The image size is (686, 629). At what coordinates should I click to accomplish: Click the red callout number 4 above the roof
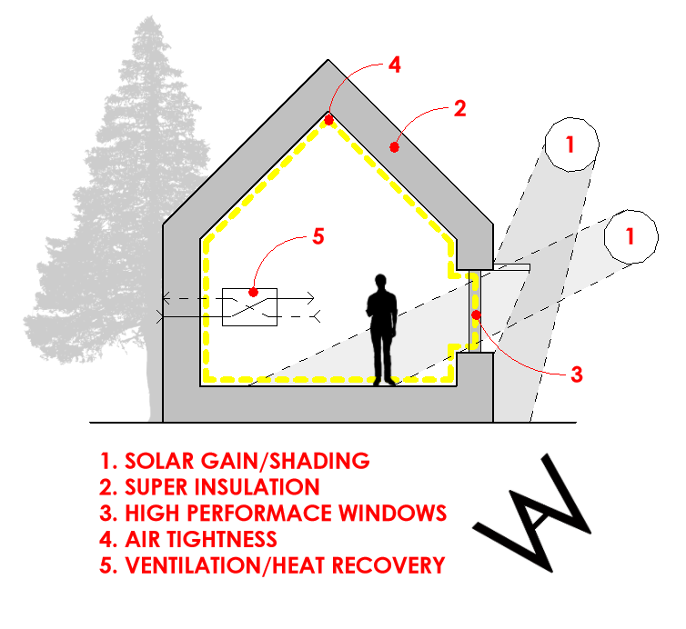tap(394, 65)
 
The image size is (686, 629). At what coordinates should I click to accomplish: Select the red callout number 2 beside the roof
tap(459, 109)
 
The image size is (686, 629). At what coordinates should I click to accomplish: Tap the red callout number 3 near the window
tap(576, 374)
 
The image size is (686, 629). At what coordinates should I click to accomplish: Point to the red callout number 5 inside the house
tap(318, 236)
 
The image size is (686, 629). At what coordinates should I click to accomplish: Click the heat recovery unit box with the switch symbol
tap(250, 306)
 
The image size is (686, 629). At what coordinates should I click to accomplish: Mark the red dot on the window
tap(475, 314)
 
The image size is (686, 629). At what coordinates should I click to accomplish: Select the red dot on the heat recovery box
tap(253, 293)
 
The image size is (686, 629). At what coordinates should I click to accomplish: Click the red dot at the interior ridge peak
tap(328, 117)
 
